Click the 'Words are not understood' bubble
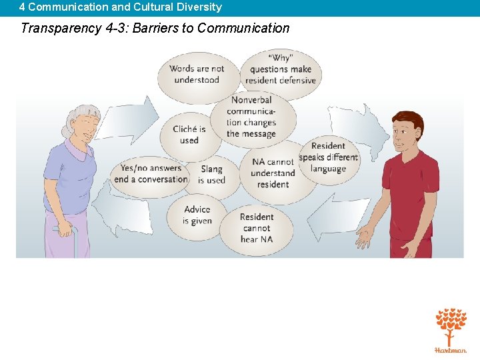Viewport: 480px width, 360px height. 197,74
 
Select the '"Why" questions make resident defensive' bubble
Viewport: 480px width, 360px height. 281,69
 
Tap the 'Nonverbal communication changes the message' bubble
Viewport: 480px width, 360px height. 251,117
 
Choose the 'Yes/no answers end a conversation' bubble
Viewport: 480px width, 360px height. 150,174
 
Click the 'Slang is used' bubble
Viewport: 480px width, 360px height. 212,175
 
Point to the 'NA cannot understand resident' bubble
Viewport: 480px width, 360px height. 273,173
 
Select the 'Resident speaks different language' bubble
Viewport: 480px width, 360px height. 328,157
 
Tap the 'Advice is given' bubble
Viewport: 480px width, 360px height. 197,215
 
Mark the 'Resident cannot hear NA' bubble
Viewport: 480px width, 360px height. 257,228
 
